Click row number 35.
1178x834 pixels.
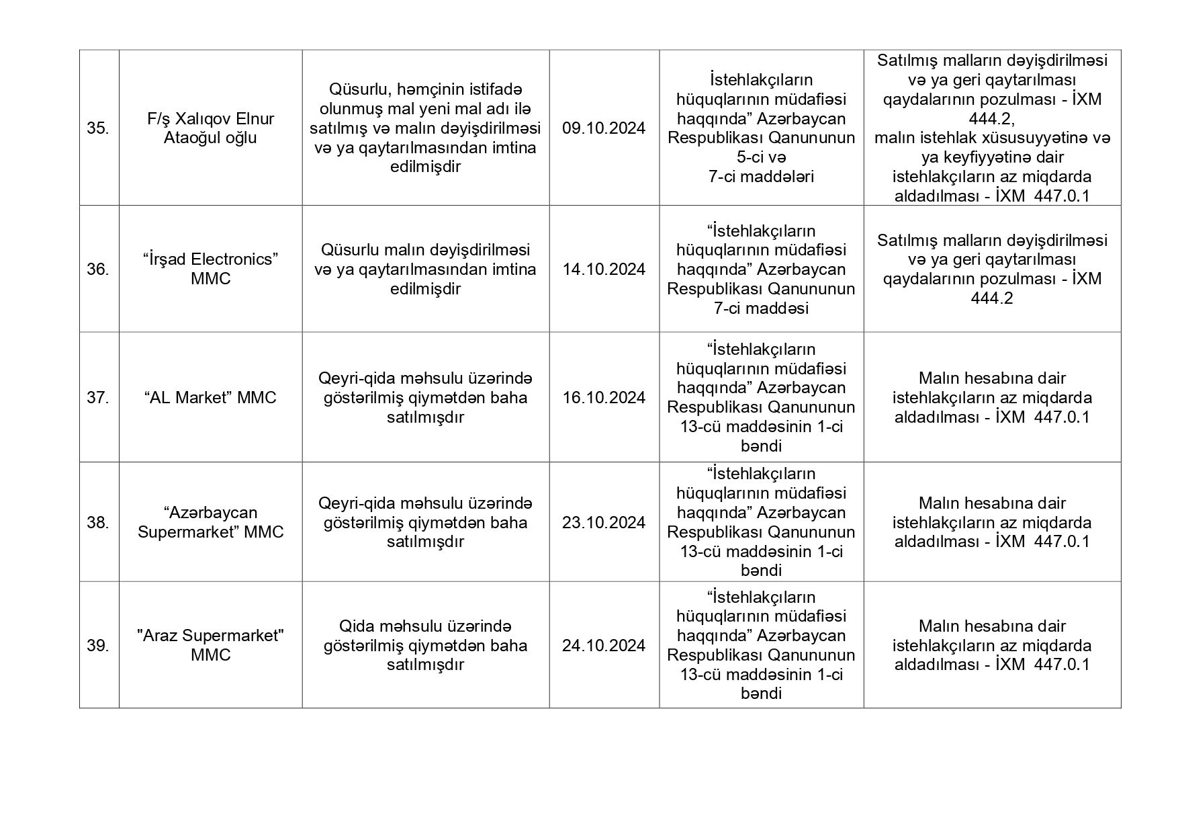[98, 128]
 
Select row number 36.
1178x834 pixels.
[98, 269]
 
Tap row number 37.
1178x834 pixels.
[98, 398]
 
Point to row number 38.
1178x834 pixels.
[98, 523]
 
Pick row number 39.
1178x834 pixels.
[98, 646]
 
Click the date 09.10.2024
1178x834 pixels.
[604, 128]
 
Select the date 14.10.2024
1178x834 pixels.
[604, 269]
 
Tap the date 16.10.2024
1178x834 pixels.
[604, 398]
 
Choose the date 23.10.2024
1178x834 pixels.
[604, 523]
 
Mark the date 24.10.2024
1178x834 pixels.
[604, 646]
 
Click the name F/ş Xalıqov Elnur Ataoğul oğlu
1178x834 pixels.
[210, 128]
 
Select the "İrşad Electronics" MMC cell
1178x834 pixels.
[210, 269]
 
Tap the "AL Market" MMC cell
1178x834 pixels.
[210, 398]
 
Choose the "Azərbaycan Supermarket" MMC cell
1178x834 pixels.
[210, 523]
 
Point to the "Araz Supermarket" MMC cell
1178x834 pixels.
[210, 645]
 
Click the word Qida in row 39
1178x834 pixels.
[356, 626]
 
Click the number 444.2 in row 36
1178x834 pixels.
[991, 298]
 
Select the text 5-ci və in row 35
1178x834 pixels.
[761, 157]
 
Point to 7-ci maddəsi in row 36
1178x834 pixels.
[761, 308]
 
